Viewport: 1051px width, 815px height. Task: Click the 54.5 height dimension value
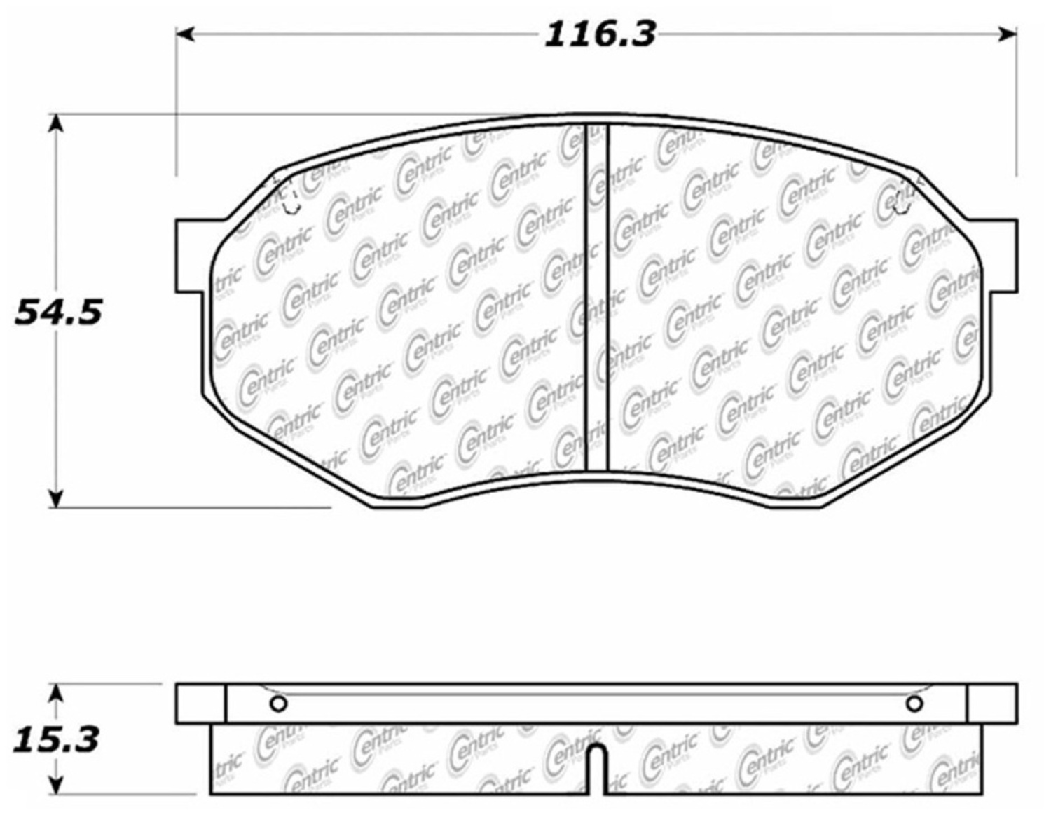pyautogui.click(x=59, y=312)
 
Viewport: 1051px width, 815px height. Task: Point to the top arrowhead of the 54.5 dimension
pyautogui.click(x=56, y=123)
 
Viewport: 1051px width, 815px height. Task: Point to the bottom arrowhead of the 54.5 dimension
pyautogui.click(x=56, y=498)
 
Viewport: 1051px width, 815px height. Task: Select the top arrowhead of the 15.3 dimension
pyautogui.click(x=57, y=693)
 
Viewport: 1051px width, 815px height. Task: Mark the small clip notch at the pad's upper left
pyautogui.click(x=291, y=203)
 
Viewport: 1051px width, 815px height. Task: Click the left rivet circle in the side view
pyautogui.click(x=278, y=704)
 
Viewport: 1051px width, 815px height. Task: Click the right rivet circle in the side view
pyautogui.click(x=914, y=704)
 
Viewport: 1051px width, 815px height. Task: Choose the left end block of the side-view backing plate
pyautogui.click(x=200, y=704)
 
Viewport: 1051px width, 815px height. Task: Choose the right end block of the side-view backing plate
pyautogui.click(x=991, y=704)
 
